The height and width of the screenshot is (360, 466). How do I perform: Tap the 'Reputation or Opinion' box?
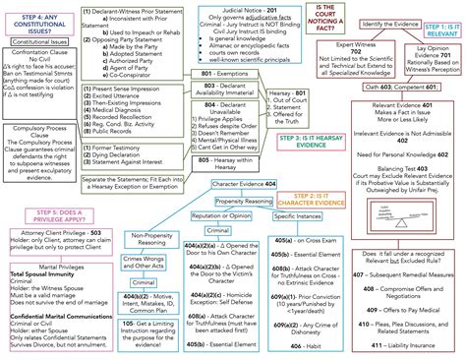pyautogui.click(x=190, y=214)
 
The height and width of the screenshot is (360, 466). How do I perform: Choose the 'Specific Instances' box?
pyautogui.click(x=274, y=214)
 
